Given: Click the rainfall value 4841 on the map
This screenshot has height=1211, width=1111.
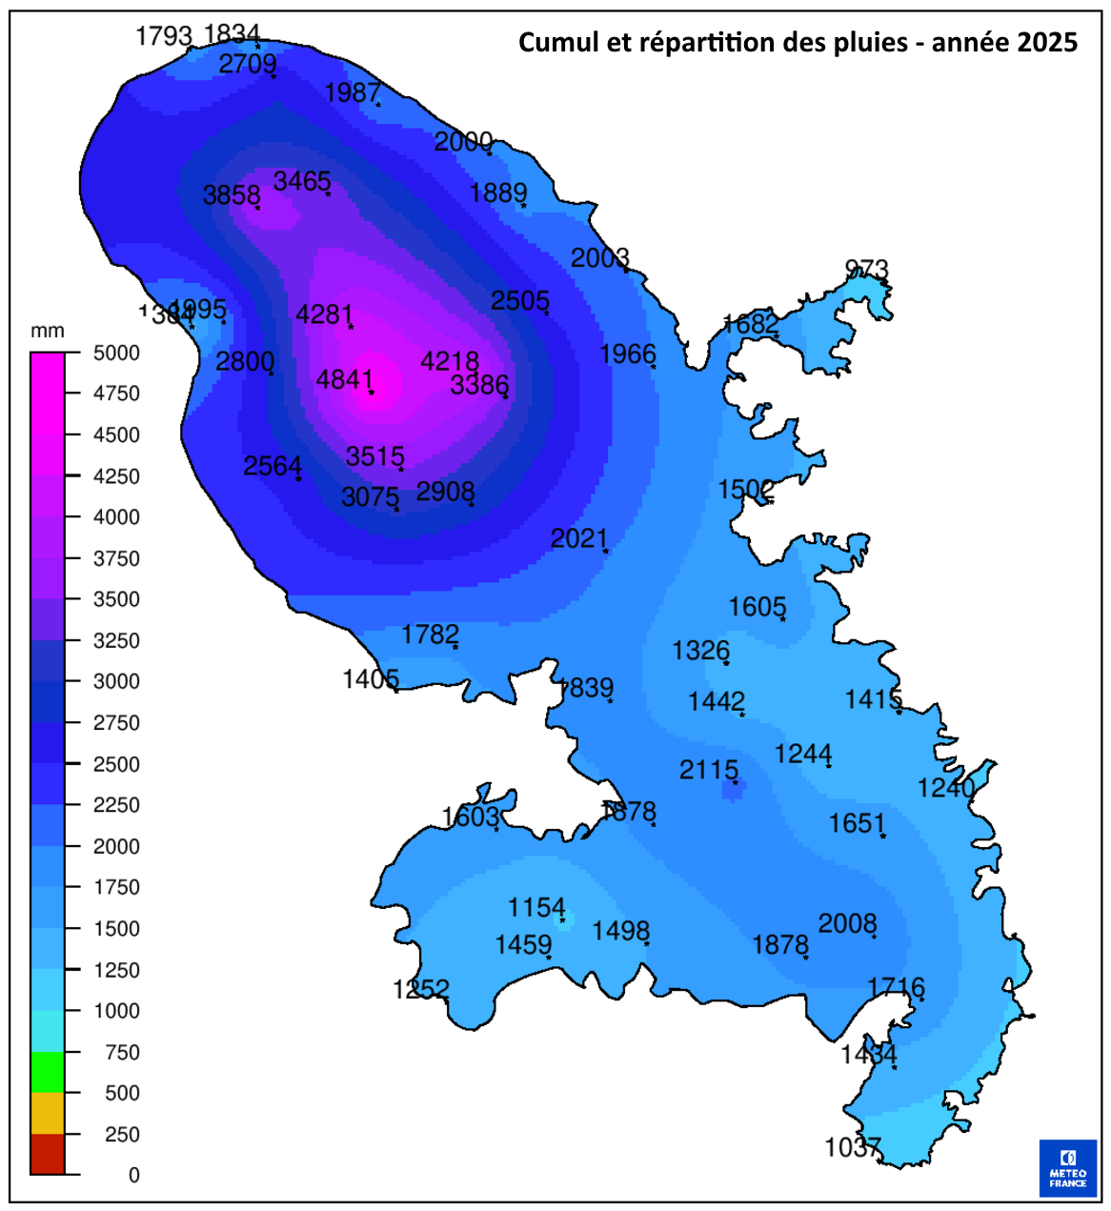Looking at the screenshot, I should coord(344,379).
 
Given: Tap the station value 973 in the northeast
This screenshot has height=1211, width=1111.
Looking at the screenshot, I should coord(866,270).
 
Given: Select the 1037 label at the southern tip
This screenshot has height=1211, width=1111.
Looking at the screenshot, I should coord(852,1147).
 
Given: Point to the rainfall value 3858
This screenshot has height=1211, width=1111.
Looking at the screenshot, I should coord(232,195).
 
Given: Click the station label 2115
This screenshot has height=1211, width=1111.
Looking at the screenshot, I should coord(708,770).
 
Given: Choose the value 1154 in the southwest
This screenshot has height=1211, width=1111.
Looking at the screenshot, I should coord(536,907).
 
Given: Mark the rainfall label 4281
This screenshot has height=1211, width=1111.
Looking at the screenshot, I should coord(324,314).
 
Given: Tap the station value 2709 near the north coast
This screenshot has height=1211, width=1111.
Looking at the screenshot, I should coord(248,64).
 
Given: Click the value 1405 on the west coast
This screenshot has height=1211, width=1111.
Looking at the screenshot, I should coord(371,678).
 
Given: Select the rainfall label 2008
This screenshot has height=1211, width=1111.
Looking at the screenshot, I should coord(847,923).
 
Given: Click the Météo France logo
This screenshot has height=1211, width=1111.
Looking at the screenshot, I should coord(1067,1167).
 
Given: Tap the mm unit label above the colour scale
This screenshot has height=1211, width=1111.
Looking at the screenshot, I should coord(48,331).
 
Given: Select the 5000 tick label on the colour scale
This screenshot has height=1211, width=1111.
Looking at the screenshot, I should coord(116,353).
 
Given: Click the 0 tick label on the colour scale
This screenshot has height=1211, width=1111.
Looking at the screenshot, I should coord(134,1175).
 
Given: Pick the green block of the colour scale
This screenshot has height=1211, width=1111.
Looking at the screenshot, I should coord(48,1072).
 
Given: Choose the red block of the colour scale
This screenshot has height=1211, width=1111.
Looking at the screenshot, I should coord(48,1154).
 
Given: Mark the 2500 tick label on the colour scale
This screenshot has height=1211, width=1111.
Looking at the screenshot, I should coord(116,764).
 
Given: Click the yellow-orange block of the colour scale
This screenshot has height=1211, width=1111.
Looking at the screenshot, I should coord(48,1113).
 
